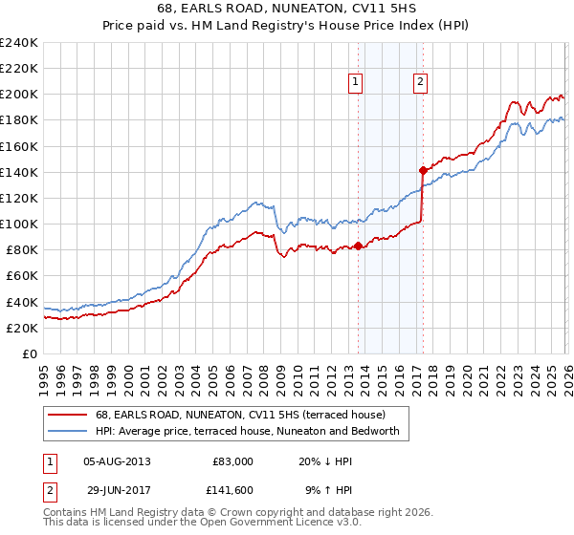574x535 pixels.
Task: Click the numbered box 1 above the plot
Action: pyautogui.click(x=355, y=83)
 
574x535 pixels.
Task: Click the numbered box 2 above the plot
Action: pyautogui.click(x=420, y=83)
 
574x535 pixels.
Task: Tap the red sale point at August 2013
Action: pyautogui.click(x=358, y=246)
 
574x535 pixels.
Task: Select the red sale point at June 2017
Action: pyautogui.click(x=423, y=170)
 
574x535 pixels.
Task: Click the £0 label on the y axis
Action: pyautogui.click(x=29, y=353)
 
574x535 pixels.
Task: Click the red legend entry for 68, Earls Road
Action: pyautogui.click(x=239, y=415)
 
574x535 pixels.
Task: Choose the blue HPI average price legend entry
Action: pyautogui.click(x=252, y=432)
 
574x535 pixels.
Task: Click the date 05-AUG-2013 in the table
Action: pyautogui.click(x=117, y=460)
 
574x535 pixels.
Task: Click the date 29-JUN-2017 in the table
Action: pyautogui.click(x=117, y=489)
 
